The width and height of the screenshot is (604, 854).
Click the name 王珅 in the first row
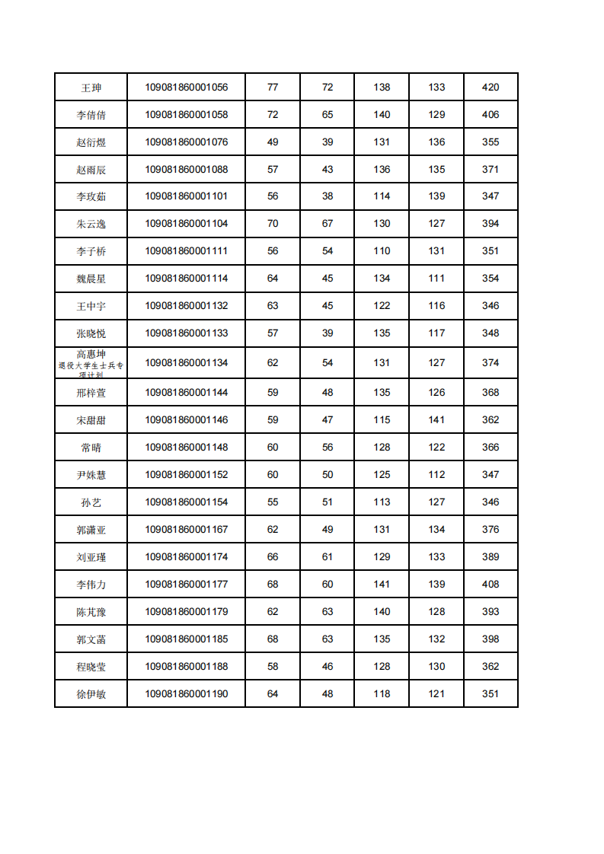91,88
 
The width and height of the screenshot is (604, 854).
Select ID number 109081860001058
187,115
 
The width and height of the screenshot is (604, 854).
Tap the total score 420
491,88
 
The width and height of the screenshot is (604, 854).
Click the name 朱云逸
91,224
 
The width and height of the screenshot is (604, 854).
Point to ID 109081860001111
187,251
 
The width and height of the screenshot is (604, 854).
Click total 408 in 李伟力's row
491,585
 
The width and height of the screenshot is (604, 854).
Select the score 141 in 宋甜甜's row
436,420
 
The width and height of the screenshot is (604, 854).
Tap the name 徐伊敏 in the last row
91,694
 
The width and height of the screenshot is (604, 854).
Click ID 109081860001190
187,694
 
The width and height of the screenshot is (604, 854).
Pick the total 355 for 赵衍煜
491,142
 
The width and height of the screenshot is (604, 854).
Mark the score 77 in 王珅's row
273,88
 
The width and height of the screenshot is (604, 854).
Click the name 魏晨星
91,279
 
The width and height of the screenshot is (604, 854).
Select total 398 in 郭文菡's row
491,639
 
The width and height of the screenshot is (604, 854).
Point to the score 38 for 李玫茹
328,196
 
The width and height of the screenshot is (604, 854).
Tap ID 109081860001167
187,530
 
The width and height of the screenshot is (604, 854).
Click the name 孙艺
91,502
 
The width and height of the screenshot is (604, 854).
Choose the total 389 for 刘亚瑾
491,557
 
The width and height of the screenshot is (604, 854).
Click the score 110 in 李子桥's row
382,251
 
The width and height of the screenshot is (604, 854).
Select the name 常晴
91,448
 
